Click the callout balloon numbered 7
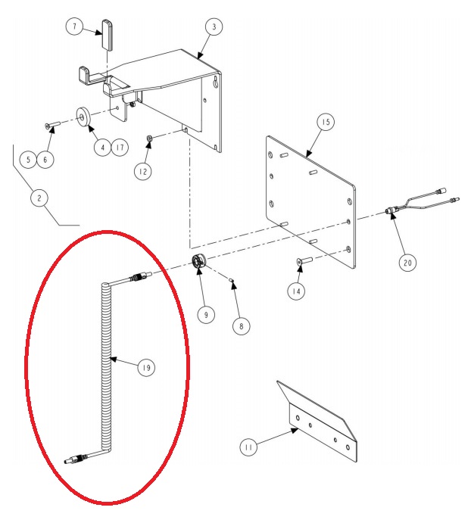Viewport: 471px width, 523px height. (74, 26)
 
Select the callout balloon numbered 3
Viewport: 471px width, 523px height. (214, 26)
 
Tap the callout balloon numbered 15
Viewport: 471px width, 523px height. (326, 123)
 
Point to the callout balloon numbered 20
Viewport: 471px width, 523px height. (407, 263)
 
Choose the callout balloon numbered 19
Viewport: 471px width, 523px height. (146, 368)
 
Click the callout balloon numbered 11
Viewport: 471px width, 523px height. (248, 447)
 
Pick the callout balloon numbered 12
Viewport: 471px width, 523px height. (143, 172)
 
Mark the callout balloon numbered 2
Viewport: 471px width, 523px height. (39, 198)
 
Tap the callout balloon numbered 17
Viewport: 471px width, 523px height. (120, 147)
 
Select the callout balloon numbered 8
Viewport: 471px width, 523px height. (242, 326)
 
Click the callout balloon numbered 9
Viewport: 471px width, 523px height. (206, 315)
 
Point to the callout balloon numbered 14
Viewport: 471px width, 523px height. (296, 291)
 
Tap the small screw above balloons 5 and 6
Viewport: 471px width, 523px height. (52, 125)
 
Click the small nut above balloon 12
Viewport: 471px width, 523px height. (150, 138)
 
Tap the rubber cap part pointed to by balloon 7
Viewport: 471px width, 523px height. (107, 35)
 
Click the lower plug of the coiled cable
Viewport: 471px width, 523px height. (76, 458)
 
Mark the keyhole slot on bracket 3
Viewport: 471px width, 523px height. (217, 82)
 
